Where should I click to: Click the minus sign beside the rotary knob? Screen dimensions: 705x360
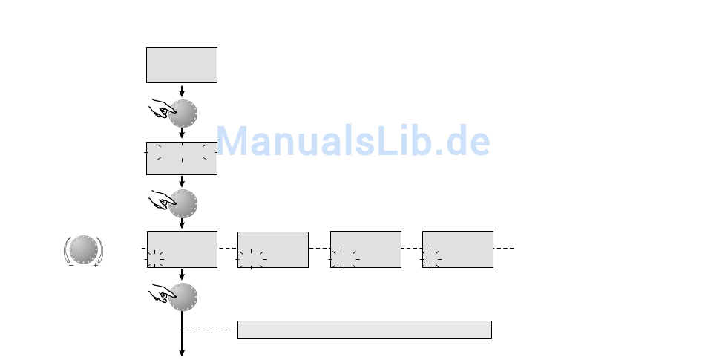[71, 266]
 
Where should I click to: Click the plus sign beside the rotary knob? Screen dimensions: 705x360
[95, 266]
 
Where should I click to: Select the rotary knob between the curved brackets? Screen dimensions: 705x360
[84, 249]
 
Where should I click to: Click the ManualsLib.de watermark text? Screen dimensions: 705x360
[353, 141]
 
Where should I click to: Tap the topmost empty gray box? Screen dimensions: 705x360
[182, 65]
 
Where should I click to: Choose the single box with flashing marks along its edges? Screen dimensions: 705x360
[182, 158]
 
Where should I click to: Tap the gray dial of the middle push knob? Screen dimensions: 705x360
[183, 203]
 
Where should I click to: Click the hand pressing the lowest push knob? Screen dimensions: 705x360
[162, 293]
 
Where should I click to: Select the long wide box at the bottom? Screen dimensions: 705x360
[364, 330]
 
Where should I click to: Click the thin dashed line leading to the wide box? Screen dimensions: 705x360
[209, 330]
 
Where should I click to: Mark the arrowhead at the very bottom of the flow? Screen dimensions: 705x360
[182, 353]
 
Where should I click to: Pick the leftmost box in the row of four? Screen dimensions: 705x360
[182, 249]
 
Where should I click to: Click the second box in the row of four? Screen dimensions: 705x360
[273, 250]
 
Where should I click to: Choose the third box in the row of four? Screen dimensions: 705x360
[366, 249]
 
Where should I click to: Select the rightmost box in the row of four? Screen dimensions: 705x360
[458, 249]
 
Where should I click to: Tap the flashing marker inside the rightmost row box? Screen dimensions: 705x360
[430, 259]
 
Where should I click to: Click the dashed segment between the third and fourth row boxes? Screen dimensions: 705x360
[412, 249]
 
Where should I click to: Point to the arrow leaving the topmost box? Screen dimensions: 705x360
[182, 91]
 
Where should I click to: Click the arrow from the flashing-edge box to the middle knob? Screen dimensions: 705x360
[182, 182]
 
